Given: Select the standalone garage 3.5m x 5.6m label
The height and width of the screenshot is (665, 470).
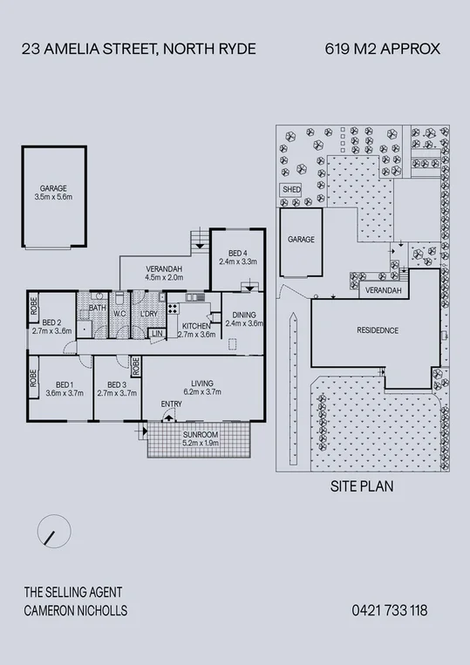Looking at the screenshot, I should click(x=53, y=193).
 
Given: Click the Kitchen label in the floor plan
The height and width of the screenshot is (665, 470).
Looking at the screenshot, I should click(x=196, y=329).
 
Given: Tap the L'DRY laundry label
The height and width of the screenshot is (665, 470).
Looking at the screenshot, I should click(x=148, y=314).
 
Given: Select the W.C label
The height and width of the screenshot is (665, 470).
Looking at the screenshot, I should click(x=120, y=314).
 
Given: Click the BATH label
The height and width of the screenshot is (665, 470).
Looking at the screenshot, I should click(x=96, y=309).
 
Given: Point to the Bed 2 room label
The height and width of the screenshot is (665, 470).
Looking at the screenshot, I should click(x=50, y=326).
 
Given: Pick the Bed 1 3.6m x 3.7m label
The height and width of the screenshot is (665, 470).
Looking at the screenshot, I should click(x=63, y=389).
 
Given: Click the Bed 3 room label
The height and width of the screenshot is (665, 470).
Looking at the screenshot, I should click(x=118, y=389).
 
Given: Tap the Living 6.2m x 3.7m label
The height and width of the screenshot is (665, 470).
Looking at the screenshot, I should click(x=201, y=389).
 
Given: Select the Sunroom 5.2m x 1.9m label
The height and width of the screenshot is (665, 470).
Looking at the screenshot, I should click(x=201, y=438).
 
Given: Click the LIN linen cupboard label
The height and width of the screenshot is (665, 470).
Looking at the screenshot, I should click(x=158, y=334).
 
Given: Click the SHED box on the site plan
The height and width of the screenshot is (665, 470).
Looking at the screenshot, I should click(x=289, y=189).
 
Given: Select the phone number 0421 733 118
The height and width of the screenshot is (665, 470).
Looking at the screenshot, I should click(x=390, y=611).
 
